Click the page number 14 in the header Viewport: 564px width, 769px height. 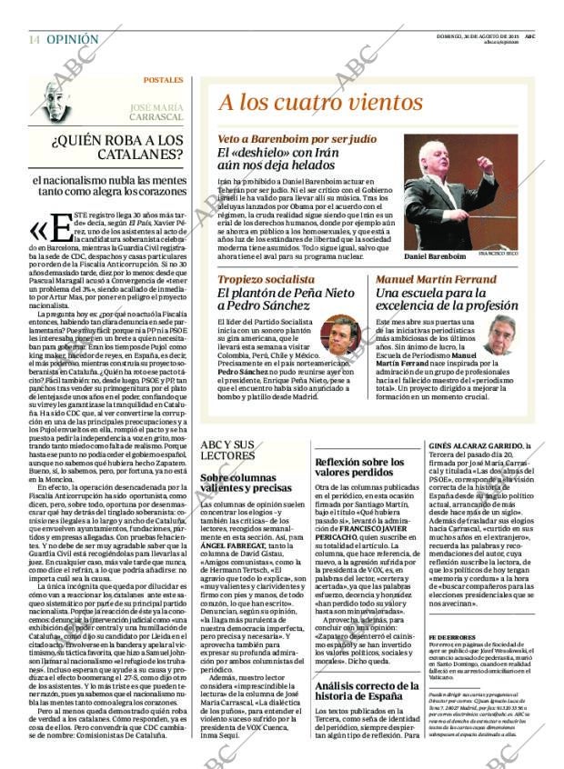pyautogui.click(x=34, y=39)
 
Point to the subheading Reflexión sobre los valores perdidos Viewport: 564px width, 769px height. pyautogui.click(x=358, y=467)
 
